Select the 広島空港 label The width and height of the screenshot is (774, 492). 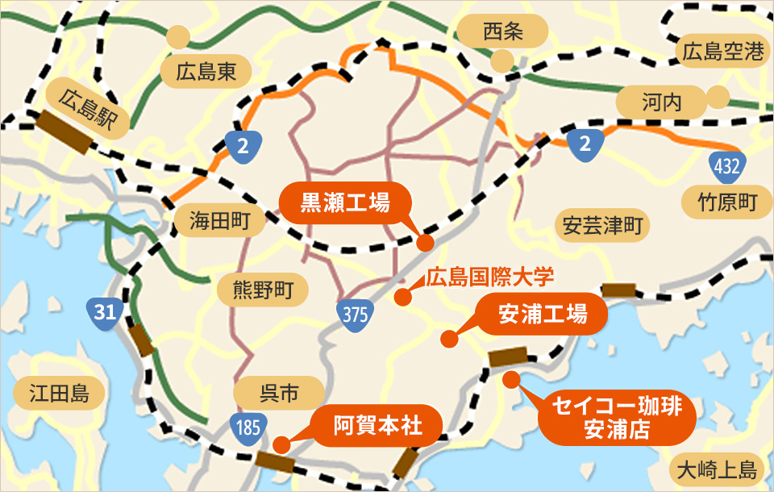click(722, 53)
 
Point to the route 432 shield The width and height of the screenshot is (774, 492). click(726, 168)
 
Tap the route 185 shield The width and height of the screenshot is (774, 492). click(247, 426)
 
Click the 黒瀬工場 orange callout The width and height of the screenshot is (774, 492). click(345, 203)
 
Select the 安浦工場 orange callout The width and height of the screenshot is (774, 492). click(542, 315)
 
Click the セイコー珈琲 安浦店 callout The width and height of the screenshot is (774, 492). click(614, 418)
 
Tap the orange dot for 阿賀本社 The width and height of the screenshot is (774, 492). click(281, 444)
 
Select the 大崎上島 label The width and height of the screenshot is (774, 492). click(715, 469)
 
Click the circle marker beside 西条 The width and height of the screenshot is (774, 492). click(501, 60)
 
